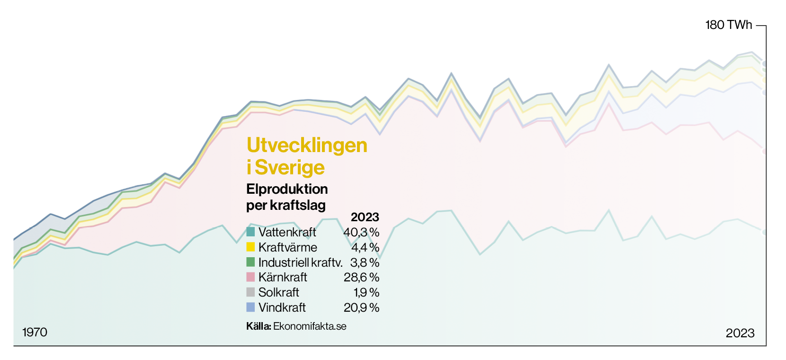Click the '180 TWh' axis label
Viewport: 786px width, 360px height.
coord(728,25)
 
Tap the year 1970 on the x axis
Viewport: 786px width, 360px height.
coord(35,332)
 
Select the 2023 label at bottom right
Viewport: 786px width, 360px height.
coord(740,333)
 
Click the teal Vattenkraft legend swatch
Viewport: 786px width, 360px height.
coord(250,232)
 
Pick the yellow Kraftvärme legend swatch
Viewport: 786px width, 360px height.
coord(250,247)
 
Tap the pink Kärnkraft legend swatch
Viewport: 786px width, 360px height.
coord(250,277)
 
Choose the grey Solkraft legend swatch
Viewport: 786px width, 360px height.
coord(250,292)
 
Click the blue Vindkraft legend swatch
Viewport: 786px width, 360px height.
coord(250,307)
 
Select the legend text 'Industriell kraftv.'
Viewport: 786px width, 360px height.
coord(300,262)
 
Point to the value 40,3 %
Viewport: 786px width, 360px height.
coord(361,232)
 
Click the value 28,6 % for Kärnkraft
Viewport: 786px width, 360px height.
coord(361,277)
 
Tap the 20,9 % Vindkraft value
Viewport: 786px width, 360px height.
coord(361,307)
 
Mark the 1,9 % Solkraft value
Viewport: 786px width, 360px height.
coord(366,292)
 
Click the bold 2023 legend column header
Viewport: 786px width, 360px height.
coord(365,217)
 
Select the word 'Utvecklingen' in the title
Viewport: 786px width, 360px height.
coord(307,145)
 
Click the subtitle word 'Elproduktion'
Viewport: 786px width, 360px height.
coord(287,189)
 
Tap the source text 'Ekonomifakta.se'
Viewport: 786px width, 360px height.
coord(310,326)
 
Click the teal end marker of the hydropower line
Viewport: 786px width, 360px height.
coord(764,232)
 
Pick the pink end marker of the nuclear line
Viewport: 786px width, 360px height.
coord(764,152)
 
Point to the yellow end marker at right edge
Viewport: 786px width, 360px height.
coord(764,80)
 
